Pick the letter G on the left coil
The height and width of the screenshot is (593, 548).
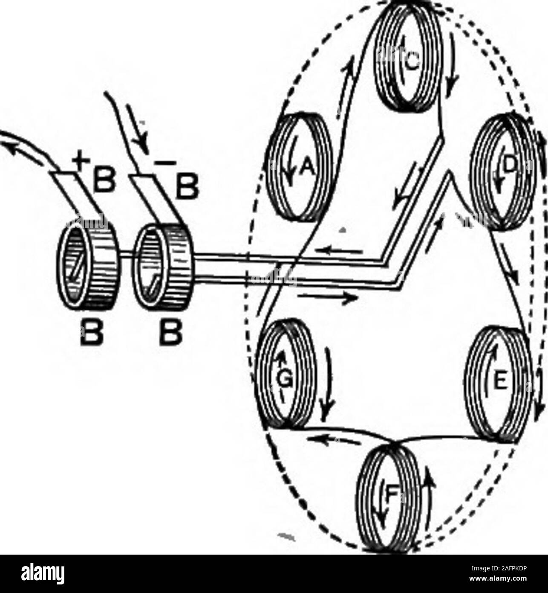tap(281, 381)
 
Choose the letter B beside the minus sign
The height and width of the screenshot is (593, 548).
tap(187, 187)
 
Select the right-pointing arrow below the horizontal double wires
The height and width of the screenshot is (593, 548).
tap(327, 297)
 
